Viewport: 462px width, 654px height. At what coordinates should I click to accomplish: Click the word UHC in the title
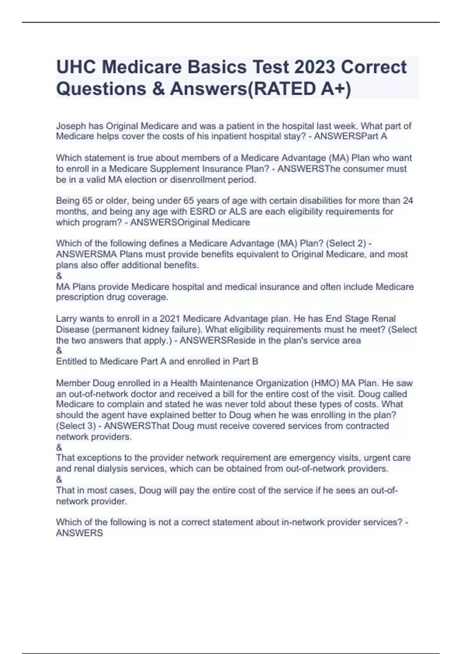(76, 67)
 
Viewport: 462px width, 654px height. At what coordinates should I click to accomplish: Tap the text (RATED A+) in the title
(300, 89)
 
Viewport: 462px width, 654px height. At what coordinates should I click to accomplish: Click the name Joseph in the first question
(71, 126)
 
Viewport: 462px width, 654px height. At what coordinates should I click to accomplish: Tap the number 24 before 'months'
(408, 200)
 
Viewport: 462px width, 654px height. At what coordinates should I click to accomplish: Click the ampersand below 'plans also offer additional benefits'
(59, 276)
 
